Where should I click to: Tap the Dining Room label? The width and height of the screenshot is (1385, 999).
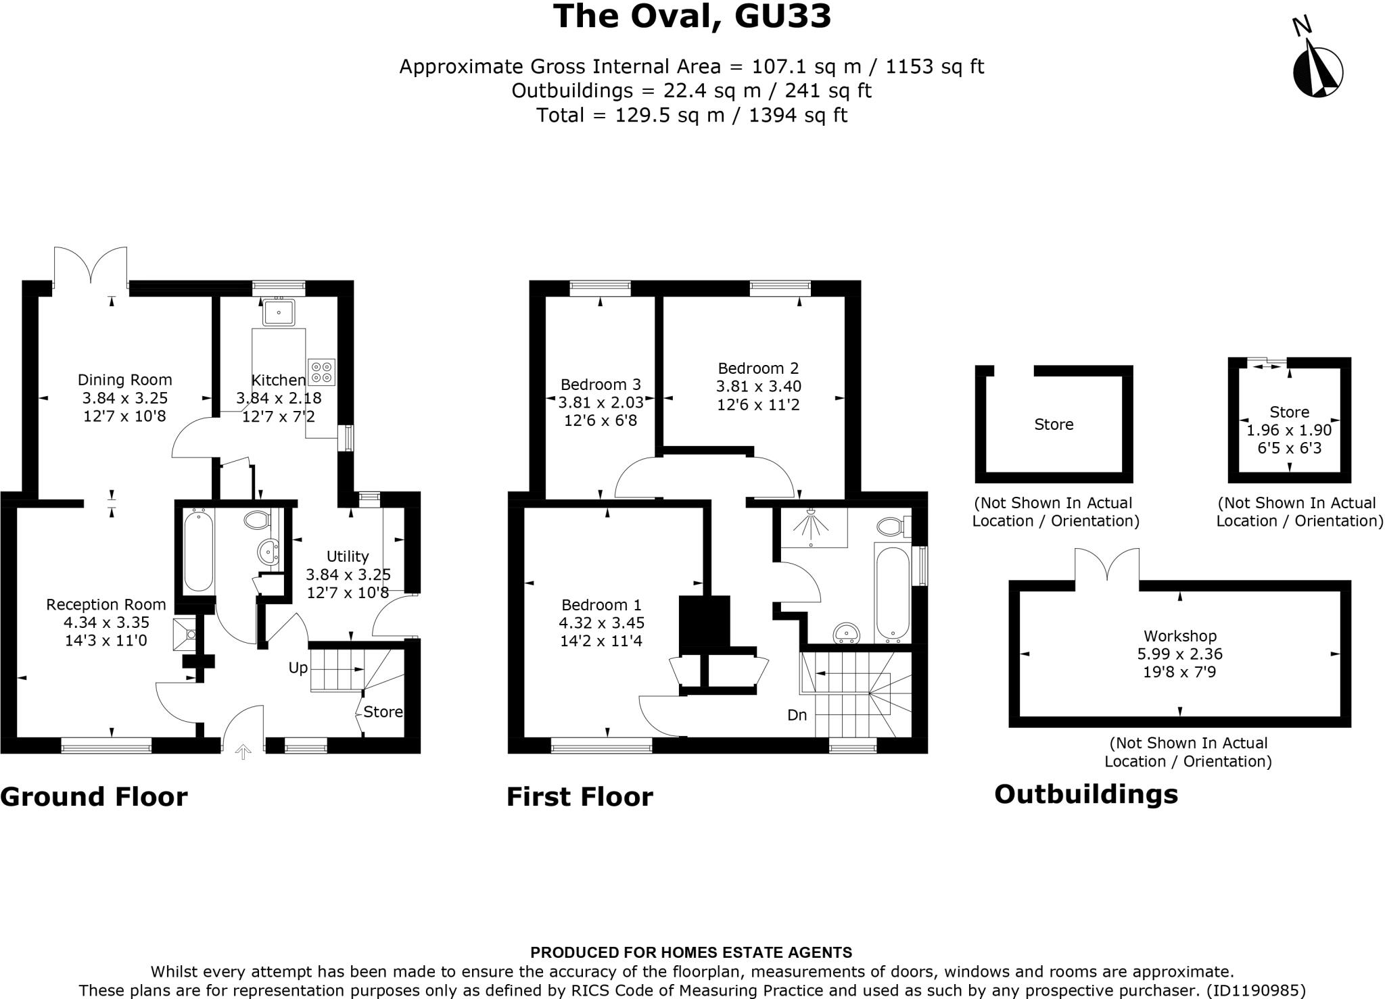(x=125, y=380)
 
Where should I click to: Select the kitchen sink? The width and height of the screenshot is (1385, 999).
(x=279, y=312)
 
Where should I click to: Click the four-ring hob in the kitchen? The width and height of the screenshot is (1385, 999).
(x=321, y=371)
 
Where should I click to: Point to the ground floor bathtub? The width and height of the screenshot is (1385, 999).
(x=199, y=551)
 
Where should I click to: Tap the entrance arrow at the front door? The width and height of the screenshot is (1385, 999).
(x=243, y=752)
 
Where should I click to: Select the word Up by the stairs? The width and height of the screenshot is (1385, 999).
(x=298, y=668)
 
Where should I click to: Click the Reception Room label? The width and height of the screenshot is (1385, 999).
(x=106, y=605)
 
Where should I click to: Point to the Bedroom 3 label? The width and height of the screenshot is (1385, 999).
(x=601, y=385)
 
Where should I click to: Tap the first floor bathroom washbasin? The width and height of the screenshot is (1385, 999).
(x=846, y=631)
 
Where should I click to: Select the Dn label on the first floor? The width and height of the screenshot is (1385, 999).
(x=797, y=715)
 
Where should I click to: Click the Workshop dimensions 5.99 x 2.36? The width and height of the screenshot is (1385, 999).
(x=1180, y=654)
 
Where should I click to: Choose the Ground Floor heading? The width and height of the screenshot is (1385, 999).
(x=94, y=797)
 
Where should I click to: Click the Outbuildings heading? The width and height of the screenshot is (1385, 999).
(x=1086, y=794)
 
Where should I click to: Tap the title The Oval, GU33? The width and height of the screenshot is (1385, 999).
(x=692, y=16)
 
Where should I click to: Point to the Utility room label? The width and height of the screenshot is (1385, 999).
(x=348, y=556)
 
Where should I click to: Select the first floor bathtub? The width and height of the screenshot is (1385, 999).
(x=892, y=594)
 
